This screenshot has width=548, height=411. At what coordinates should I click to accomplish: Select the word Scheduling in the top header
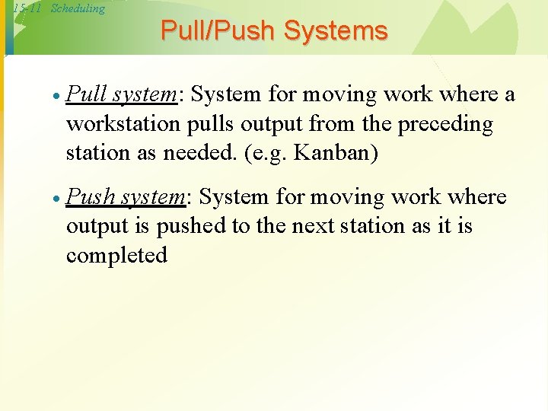[x=78, y=9]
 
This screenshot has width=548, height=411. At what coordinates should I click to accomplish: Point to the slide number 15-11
[x=27, y=9]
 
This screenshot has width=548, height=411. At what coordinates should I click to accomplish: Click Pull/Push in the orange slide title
[x=218, y=31]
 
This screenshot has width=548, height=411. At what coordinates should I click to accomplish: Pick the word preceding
[x=446, y=124]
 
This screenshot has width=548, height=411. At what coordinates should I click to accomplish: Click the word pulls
[x=212, y=124]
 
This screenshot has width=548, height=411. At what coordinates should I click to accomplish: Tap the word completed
[x=116, y=255]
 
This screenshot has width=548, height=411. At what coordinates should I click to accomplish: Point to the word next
[x=323, y=226]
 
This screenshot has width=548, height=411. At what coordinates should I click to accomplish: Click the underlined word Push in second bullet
[x=88, y=197]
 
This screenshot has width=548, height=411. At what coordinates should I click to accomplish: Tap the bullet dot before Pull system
[x=56, y=98]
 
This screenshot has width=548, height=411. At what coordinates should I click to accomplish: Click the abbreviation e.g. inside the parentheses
[x=269, y=152]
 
